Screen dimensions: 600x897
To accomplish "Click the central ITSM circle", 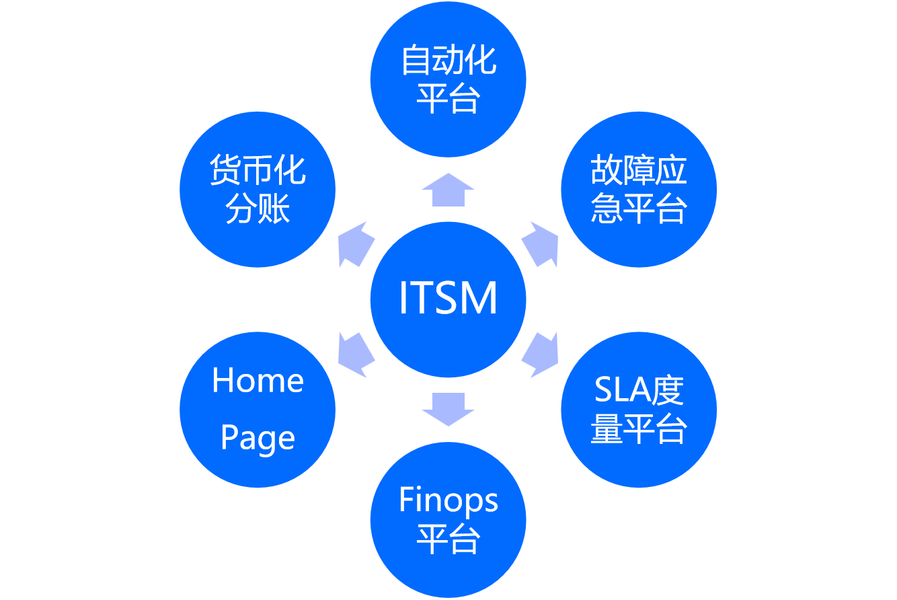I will pos(448,299).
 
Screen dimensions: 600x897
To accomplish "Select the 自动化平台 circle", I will pos(448,79).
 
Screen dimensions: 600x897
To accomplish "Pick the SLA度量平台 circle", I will pos(639,409).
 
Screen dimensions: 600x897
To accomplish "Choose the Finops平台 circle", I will pos(448,519).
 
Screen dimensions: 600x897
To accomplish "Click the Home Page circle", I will pos(258,409).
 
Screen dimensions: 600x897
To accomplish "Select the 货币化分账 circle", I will pos(258,189).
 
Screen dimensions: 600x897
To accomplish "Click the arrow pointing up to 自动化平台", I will pos(448,190).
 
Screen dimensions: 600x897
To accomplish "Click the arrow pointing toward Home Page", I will pos(356,354).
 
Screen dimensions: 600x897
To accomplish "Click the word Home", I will pos(258,381).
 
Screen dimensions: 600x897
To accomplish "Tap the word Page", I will pos(258,439).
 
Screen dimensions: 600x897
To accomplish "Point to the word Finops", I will pos(448,500).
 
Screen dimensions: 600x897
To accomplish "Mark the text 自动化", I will pos(448,61).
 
